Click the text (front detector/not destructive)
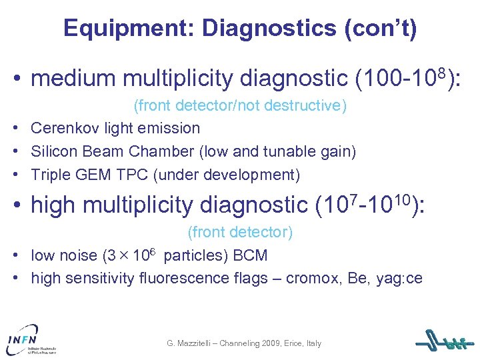coord(240,106)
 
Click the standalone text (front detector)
coord(240,233)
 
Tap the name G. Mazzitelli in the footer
coord(194,343)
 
